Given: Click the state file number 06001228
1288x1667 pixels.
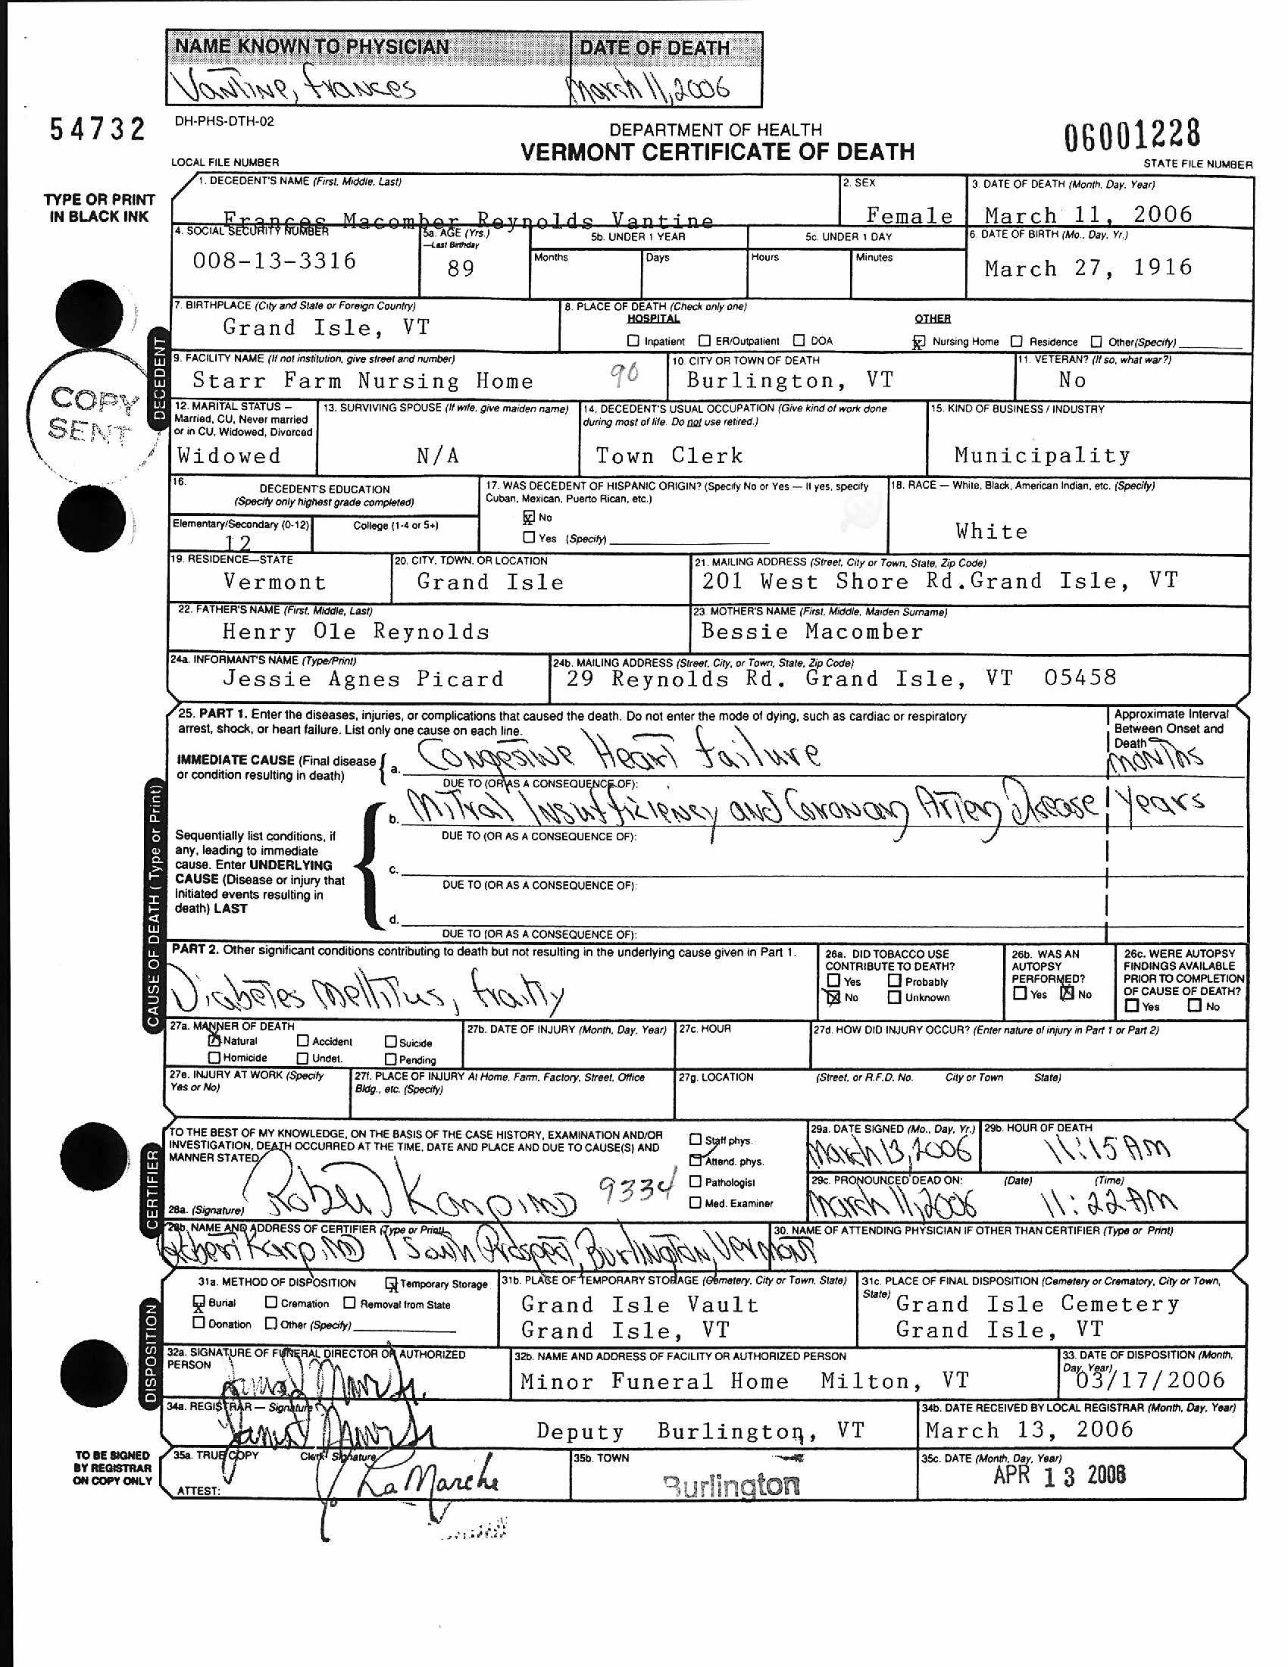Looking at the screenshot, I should [x=1132, y=135].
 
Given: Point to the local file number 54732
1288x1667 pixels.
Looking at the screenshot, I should [x=98, y=129].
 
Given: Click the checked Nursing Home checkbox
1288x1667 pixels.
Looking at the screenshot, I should [x=920, y=341].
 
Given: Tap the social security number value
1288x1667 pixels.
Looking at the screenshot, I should [x=275, y=261].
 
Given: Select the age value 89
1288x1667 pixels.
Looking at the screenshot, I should [x=461, y=269].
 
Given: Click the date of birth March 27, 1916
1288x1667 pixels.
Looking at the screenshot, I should [x=1088, y=268].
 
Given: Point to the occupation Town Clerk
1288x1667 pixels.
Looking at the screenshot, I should [x=669, y=455].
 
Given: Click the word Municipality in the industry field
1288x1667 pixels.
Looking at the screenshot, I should [x=1043, y=455].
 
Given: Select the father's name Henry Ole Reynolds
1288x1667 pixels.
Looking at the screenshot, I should [x=355, y=631].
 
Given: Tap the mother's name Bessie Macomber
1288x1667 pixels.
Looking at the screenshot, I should [x=812, y=631].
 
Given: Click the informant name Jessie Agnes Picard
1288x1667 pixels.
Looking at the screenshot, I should [x=363, y=679].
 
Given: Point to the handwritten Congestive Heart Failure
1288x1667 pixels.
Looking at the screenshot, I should [x=618, y=754].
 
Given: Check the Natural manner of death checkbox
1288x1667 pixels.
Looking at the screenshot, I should [x=214, y=1040].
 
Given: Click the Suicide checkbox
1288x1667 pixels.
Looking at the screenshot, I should [x=391, y=1041].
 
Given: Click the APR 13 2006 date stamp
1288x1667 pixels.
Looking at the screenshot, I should [x=1059, y=1475].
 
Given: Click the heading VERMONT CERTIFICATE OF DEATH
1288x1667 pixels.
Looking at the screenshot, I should [x=717, y=152].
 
